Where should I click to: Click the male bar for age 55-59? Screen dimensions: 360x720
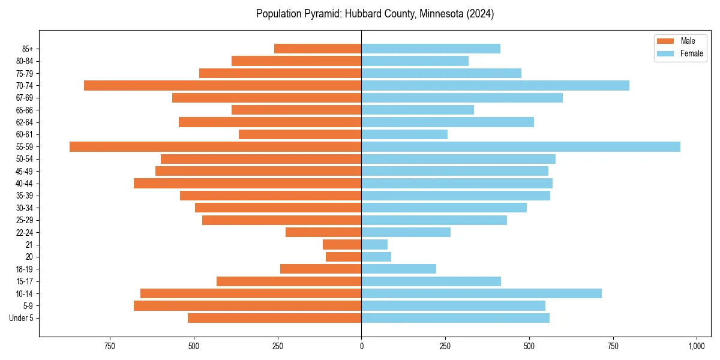coord(215,146)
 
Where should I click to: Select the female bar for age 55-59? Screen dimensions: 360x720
coord(521,146)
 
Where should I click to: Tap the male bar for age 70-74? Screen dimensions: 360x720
coord(223,85)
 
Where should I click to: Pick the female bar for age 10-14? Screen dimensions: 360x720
coord(481,293)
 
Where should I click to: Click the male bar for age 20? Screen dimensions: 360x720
coord(344,257)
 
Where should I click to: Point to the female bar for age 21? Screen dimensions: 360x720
coord(374,244)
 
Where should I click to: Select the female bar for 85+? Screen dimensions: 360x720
coord(431,49)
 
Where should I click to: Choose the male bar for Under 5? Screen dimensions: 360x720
coord(275,318)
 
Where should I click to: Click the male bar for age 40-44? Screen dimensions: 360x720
coord(247,183)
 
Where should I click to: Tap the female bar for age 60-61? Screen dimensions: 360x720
coord(404,134)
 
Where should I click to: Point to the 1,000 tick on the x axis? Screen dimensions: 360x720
coord(697,346)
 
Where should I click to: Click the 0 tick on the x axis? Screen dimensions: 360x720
coord(361,346)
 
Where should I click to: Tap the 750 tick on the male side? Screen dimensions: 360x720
coord(110,346)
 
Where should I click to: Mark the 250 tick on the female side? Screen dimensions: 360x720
coord(445,346)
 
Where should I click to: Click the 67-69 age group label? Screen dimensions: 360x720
coord(25,98)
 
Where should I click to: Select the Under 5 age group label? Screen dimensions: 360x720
coord(22,318)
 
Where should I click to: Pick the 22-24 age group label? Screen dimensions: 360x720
coord(25,232)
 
